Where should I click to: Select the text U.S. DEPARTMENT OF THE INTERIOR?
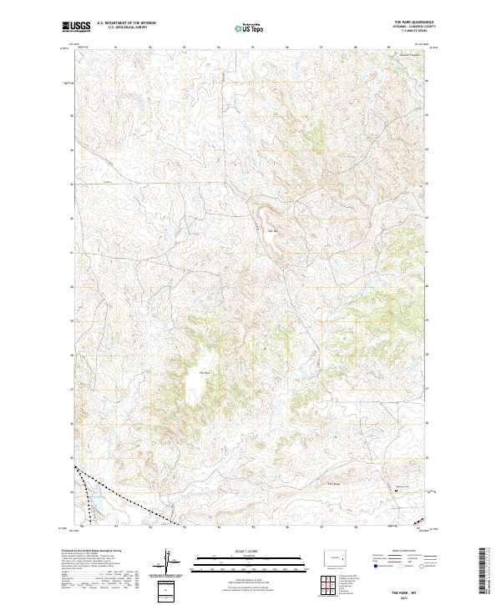point(125,24)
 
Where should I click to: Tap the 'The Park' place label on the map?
point(204,372)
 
